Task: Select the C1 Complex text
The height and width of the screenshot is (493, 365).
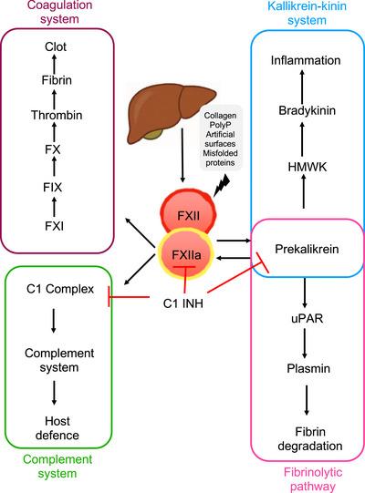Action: click(x=57, y=290)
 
